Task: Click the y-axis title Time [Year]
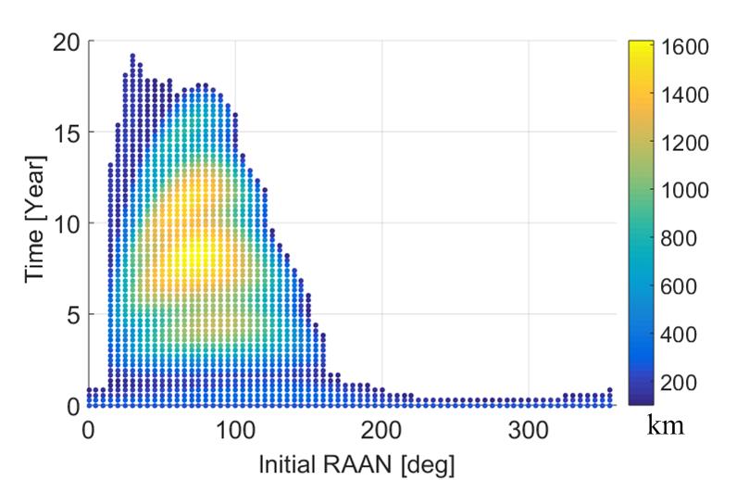point(38,222)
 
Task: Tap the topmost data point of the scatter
point(132,57)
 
